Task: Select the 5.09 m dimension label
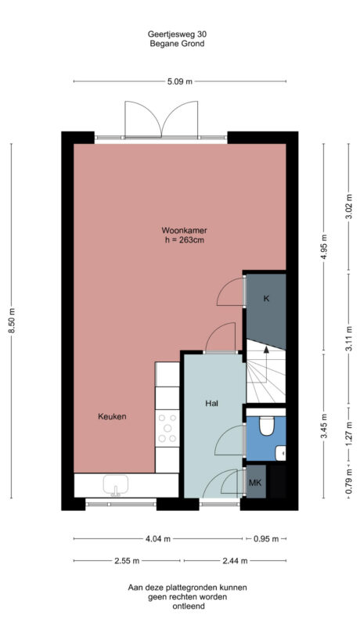[x=179, y=81]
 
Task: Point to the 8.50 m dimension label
[x=11, y=319]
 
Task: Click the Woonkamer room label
[x=184, y=230]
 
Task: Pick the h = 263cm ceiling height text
[x=184, y=240]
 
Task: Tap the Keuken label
[x=112, y=416]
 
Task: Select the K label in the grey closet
[x=266, y=298]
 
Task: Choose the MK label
[x=254, y=483]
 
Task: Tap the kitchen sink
[x=116, y=486]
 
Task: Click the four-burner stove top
[x=167, y=430]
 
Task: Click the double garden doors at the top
[x=161, y=121]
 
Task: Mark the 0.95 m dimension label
[x=266, y=539]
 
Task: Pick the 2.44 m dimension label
[x=234, y=561]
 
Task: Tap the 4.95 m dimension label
[x=326, y=250]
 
